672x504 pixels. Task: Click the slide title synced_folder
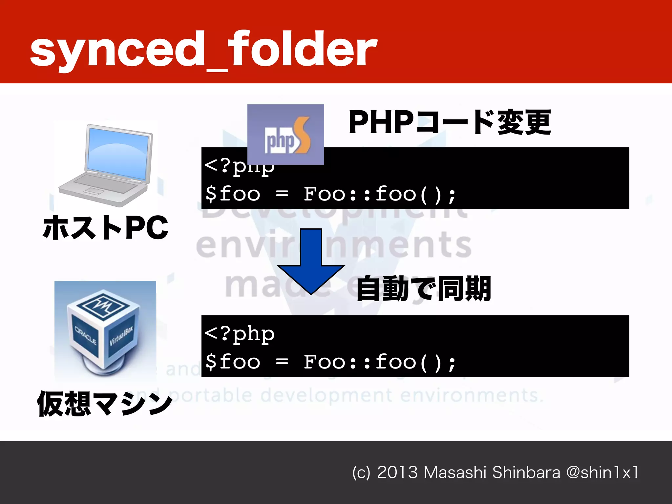203,49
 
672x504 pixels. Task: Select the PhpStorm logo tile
285,135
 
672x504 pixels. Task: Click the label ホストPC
105,228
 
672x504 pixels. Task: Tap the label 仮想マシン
104,404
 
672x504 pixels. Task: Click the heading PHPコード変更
450,122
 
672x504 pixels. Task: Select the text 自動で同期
423,289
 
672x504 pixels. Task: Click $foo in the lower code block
233,362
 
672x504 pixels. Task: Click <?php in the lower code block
240,334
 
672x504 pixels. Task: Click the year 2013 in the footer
397,472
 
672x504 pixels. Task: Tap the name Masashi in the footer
454,472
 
